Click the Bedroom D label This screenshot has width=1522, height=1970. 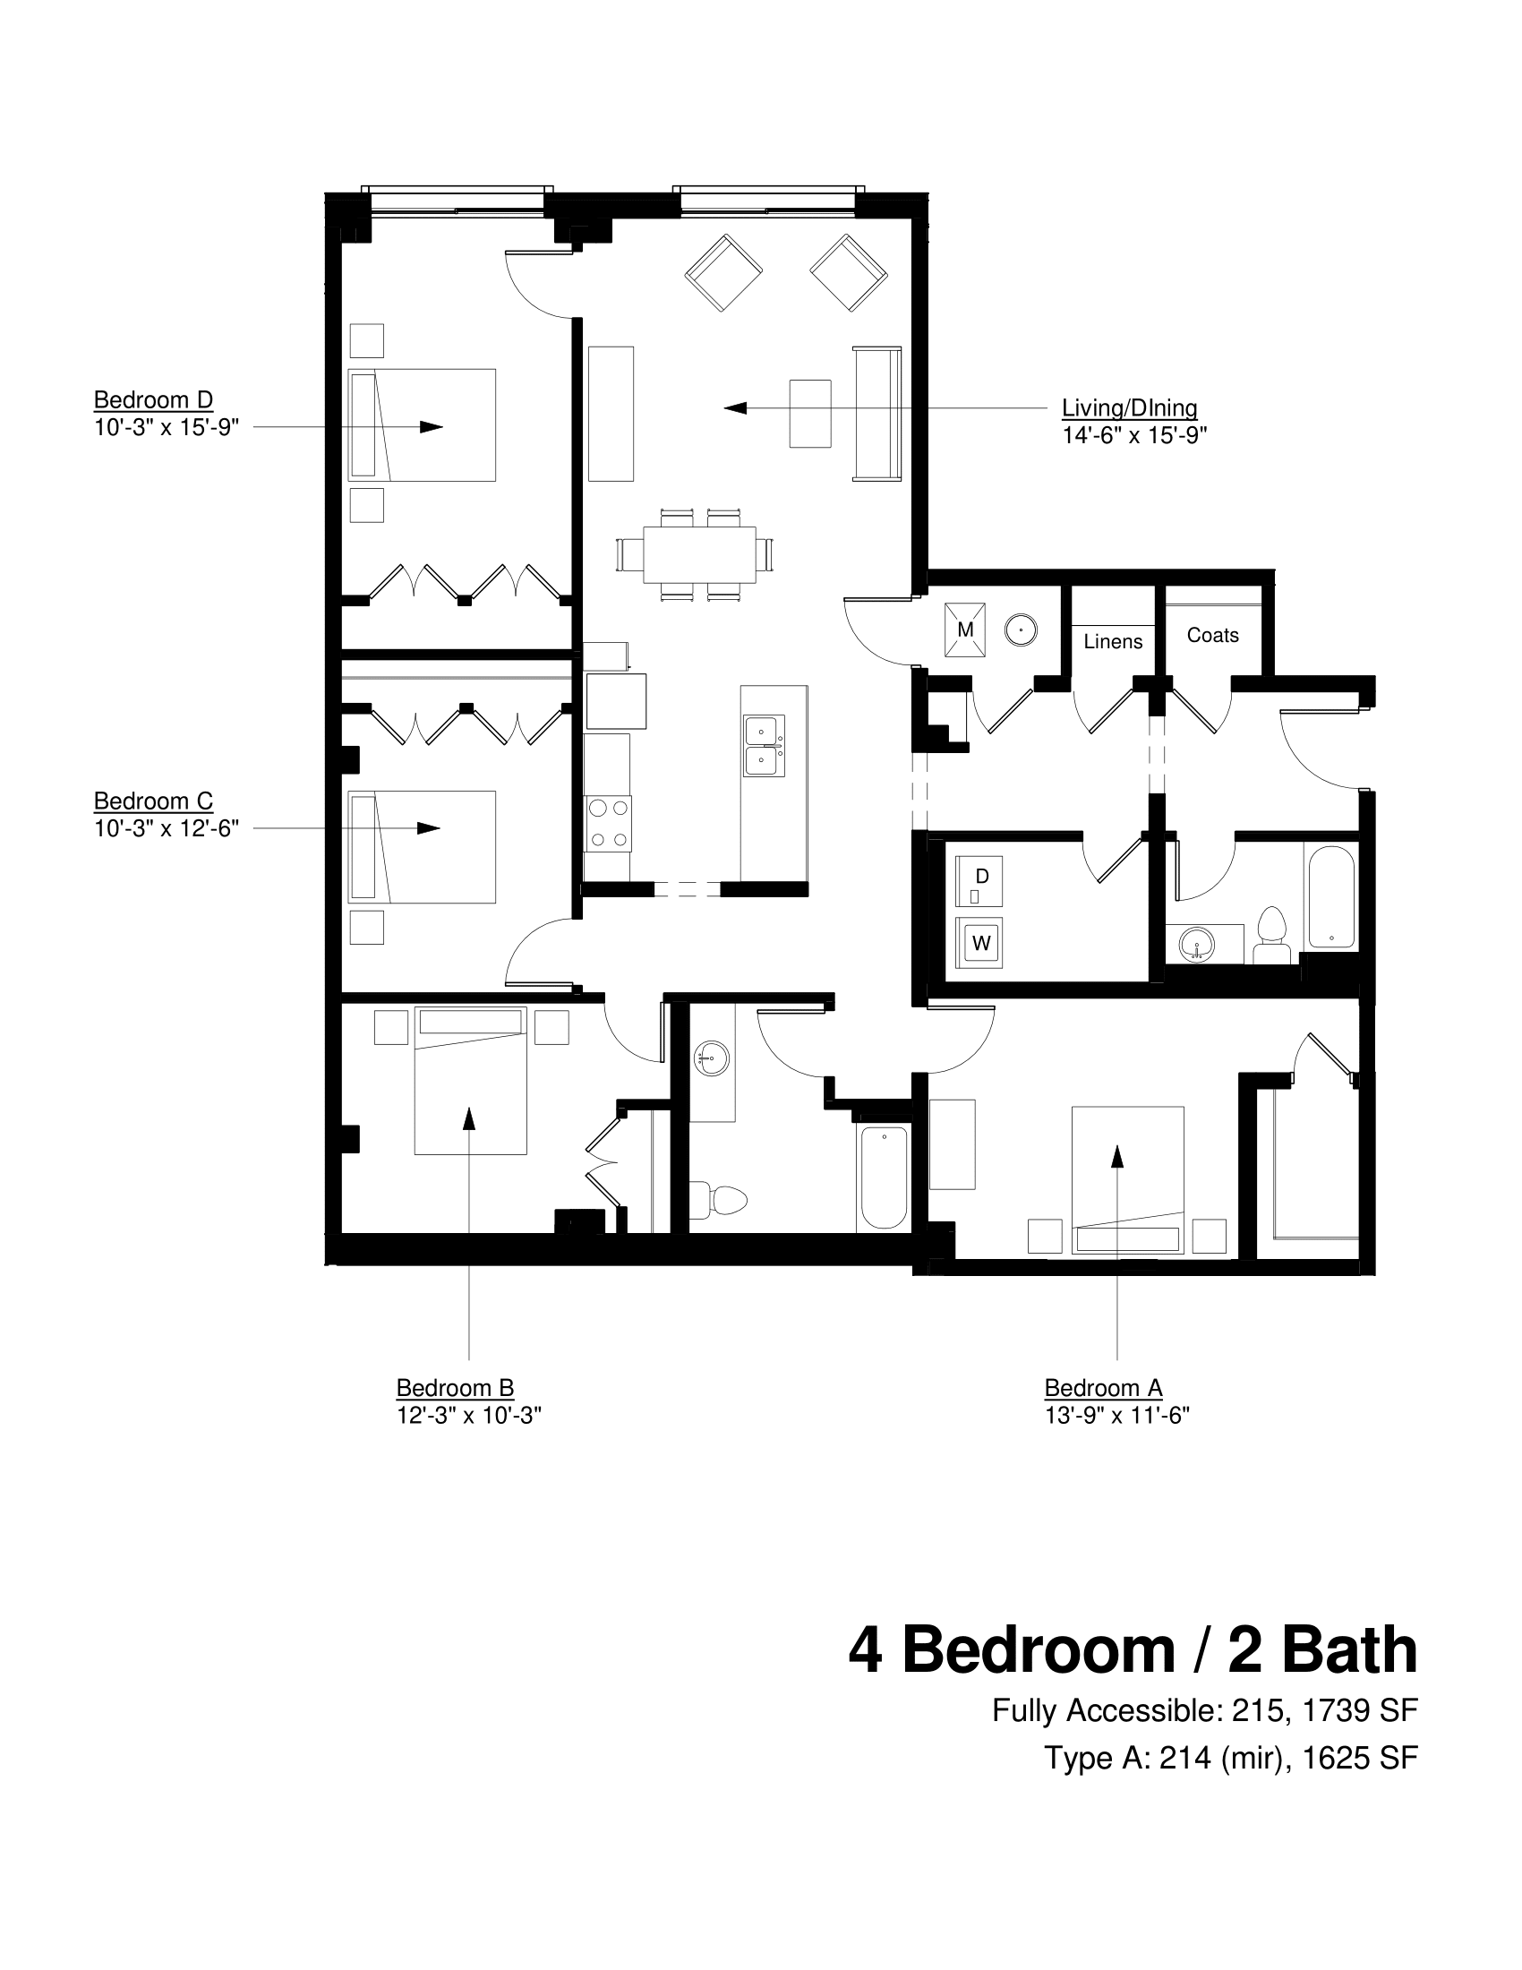click(153, 400)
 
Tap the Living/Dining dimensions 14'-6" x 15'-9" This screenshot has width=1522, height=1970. click(1133, 436)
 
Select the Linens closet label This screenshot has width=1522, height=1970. click(1113, 641)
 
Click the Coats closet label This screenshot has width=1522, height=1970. click(1212, 635)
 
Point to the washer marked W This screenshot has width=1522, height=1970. click(981, 944)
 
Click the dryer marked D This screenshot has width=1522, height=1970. click(981, 879)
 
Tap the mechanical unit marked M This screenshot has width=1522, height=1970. click(965, 630)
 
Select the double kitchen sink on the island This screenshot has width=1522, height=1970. click(763, 746)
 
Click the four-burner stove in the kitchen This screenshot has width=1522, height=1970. click(608, 824)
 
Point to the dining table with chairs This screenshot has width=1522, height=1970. click(699, 555)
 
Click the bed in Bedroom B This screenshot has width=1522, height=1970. click(470, 1083)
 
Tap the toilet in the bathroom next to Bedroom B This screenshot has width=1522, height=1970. click(722, 1199)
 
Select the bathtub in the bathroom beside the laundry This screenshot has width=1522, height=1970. click(1329, 896)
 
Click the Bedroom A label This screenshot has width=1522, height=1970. click(1103, 1387)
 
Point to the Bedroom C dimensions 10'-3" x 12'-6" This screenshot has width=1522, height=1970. click(166, 828)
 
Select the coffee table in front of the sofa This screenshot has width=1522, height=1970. click(809, 413)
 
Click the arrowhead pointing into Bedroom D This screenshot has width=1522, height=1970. click(431, 426)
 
